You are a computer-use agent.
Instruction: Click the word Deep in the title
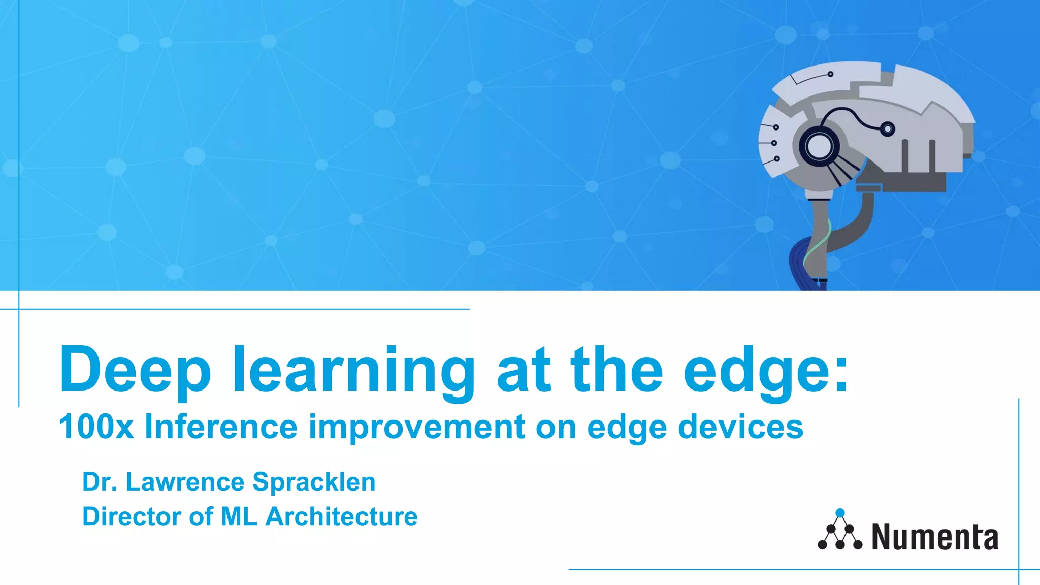click(x=135, y=370)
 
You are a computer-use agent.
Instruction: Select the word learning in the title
click(x=353, y=371)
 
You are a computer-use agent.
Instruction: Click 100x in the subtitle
click(x=96, y=427)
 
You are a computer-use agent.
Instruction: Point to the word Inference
click(x=221, y=427)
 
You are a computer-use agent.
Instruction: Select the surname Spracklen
click(x=314, y=482)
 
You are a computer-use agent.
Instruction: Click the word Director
click(x=132, y=516)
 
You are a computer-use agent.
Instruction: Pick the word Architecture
click(x=341, y=516)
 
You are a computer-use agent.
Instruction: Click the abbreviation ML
click(x=239, y=516)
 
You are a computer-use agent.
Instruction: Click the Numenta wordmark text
click(x=934, y=537)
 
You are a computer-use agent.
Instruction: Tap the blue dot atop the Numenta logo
click(x=840, y=513)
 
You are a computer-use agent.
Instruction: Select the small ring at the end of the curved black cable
click(x=887, y=129)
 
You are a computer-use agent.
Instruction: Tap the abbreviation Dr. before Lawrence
click(x=100, y=482)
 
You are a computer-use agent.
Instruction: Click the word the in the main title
click(x=616, y=370)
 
